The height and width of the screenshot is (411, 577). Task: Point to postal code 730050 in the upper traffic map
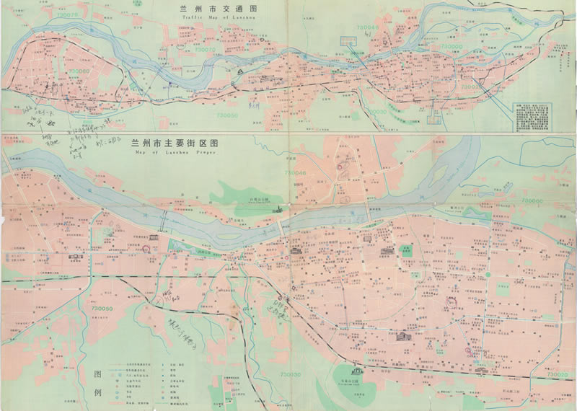pos(226,115)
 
